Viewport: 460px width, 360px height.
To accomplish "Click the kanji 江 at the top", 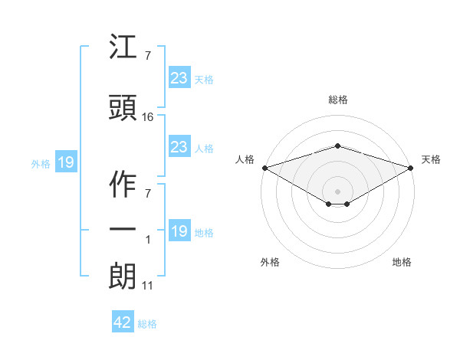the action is pos(123,46).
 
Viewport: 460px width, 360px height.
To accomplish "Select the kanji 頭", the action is pos(123,107).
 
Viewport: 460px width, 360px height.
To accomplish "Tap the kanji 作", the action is pos(123,185).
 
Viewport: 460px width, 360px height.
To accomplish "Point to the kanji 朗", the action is pos(122,277).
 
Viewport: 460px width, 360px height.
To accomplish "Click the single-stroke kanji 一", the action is pos(123,229).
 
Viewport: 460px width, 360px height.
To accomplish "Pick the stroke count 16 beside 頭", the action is pos(147,117).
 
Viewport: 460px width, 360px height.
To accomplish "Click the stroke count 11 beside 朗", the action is pos(147,286).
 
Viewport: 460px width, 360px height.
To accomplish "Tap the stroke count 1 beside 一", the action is pos(148,240).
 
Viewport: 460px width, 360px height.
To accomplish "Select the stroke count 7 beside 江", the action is pos(148,55).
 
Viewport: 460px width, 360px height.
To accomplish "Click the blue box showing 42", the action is pos(123,321).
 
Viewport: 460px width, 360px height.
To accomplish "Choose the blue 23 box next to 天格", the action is pos(179,77).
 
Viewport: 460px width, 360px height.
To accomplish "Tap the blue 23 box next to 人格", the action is pos(179,146).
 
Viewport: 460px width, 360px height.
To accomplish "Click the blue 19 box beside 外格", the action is pos(66,162).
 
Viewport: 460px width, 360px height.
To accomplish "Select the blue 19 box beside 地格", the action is pos(179,230).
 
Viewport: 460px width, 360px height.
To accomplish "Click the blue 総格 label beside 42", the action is pos(147,324).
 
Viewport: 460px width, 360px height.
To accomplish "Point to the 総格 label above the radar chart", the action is pos(338,100).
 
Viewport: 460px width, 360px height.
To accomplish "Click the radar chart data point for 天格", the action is pos(411,168).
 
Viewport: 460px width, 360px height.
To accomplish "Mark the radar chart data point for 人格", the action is pos(265,168).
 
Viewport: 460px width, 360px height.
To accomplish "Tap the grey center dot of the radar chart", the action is pos(337,191).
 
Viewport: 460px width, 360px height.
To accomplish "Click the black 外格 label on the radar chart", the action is pos(270,262).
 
